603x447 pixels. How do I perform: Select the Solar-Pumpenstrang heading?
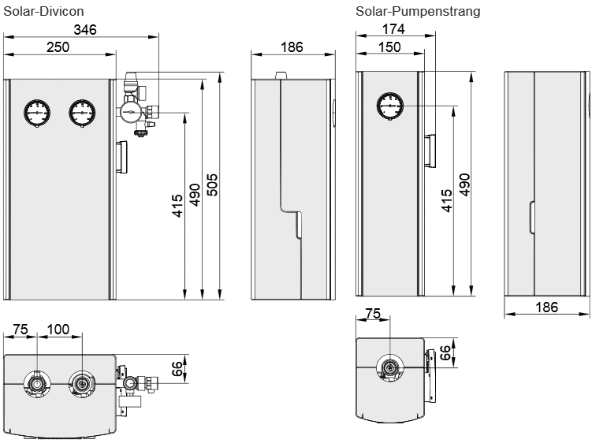coord(417,11)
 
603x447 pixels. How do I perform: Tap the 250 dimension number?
coord(57,47)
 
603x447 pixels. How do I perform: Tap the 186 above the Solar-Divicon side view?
coord(292,47)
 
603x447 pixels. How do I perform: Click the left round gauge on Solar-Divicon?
coord(36,112)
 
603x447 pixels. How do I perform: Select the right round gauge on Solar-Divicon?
coord(81,112)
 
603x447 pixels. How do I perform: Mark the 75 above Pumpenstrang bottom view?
coord(374,314)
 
